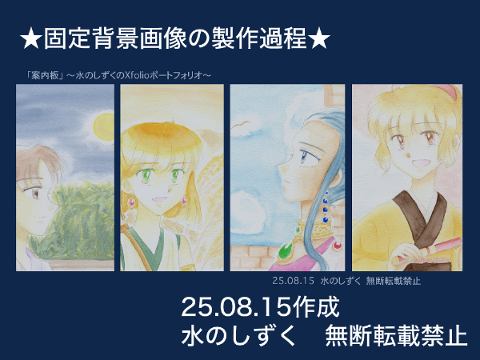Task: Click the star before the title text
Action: pyautogui.click(x=31, y=38)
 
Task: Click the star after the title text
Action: pyautogui.click(x=319, y=38)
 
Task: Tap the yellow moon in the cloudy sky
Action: pyautogui.click(x=104, y=127)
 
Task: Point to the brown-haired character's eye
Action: pyautogui.click(x=35, y=193)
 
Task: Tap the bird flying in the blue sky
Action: pyautogui.click(x=241, y=124)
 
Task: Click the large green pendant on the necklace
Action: pyautogui.click(x=286, y=250)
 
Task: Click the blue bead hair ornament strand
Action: pyautogui.click(x=325, y=207)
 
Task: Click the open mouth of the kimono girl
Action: pyautogui.click(x=418, y=162)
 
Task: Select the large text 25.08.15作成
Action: pyautogui.click(x=260, y=307)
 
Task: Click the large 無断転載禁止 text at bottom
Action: pyautogui.click(x=396, y=336)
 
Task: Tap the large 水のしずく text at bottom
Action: pyautogui.click(x=238, y=336)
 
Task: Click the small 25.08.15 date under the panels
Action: pyautogui.click(x=294, y=281)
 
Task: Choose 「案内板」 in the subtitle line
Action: pyautogui.click(x=45, y=75)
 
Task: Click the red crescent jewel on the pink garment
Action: pyautogui.click(x=338, y=246)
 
